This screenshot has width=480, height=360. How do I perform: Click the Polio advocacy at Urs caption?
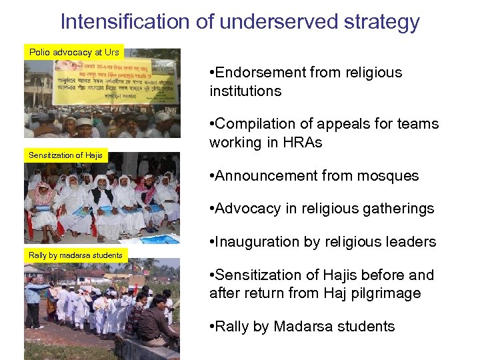(74, 52)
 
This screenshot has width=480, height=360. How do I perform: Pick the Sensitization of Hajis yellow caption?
(65, 155)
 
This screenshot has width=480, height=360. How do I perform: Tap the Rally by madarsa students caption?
(75, 255)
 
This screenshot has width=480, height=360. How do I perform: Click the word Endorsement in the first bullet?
(263, 72)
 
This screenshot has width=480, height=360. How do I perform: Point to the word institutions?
(245, 91)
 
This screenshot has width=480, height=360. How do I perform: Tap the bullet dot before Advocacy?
(211, 209)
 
